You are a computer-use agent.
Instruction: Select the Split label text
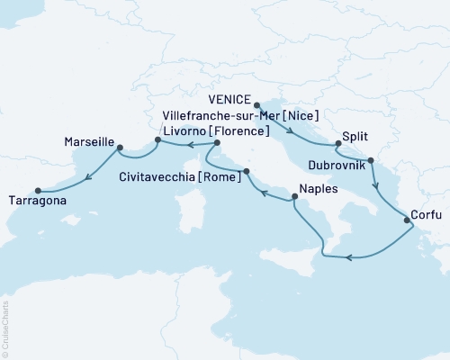pyautogui.click(x=355, y=141)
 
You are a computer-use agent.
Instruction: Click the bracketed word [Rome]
pyautogui.click(x=224, y=176)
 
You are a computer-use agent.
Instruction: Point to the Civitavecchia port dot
pyautogui.click(x=246, y=169)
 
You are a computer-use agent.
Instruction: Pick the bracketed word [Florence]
pyautogui.click(x=239, y=131)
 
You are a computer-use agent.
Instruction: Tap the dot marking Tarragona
pyautogui.click(x=38, y=190)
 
